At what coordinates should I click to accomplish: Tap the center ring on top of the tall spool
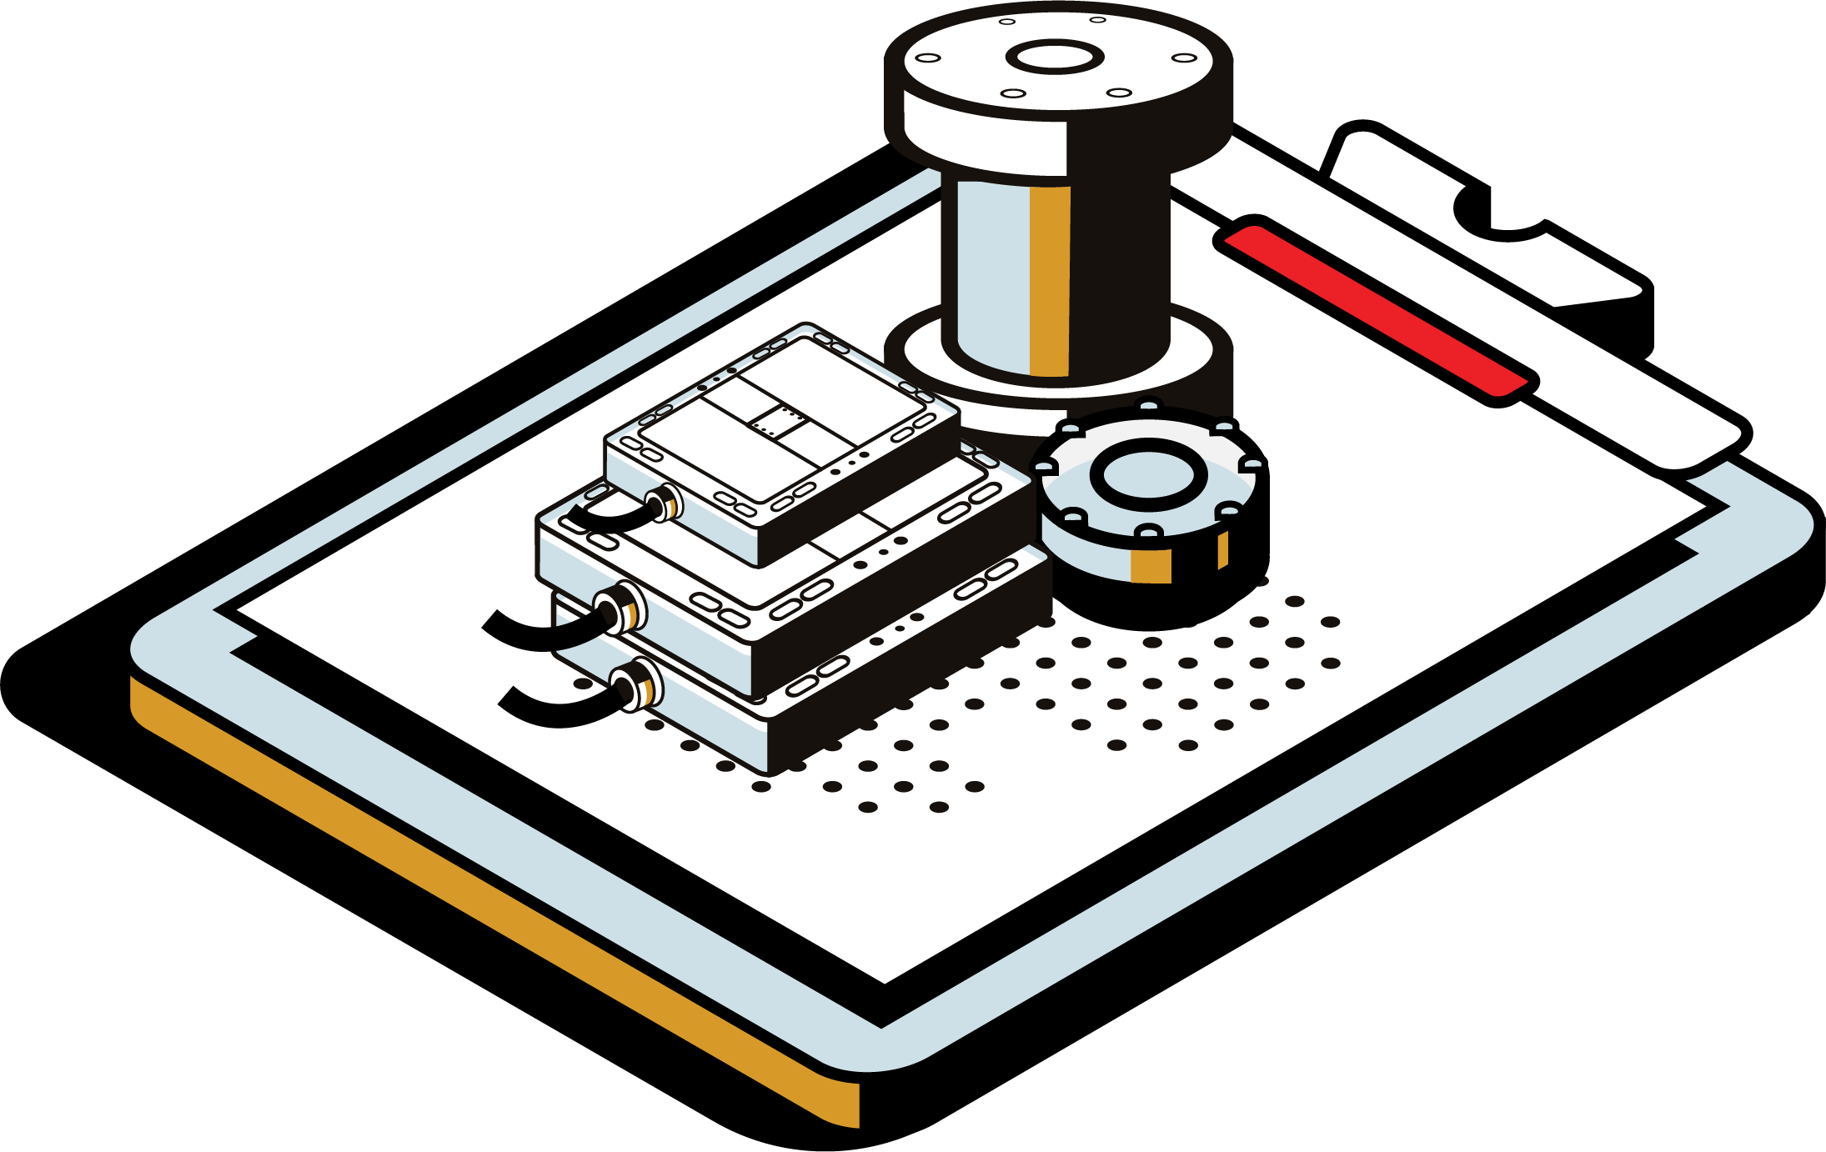pyautogui.click(x=1055, y=58)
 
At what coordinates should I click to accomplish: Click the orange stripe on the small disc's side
pyautogui.click(x=1151, y=566)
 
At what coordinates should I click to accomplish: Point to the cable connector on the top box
pyautogui.click(x=665, y=503)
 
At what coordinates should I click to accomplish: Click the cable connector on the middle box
pyautogui.click(x=621, y=609)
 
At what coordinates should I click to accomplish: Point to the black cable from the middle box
pyautogui.click(x=534, y=634)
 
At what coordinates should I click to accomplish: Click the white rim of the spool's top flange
pyautogui.click(x=984, y=133)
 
